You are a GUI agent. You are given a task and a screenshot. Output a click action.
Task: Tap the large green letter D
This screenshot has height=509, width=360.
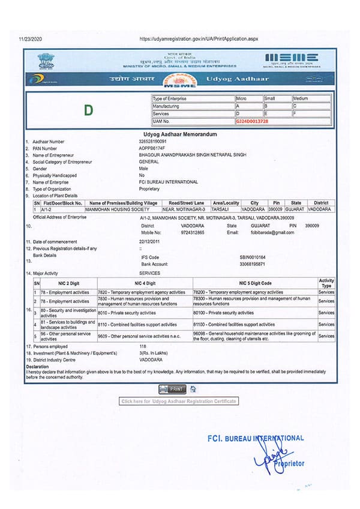(x=89, y=110)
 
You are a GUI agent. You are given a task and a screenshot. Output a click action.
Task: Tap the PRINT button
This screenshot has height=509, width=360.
(x=173, y=389)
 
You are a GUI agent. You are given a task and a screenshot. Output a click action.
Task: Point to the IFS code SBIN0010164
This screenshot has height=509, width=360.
(x=253, y=257)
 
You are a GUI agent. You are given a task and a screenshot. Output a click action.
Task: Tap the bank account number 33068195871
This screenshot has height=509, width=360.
(x=252, y=264)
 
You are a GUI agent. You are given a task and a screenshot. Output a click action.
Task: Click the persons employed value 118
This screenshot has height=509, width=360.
(x=143, y=347)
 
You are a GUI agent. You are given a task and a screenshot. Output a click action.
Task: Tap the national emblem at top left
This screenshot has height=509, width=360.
(x=46, y=59)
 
